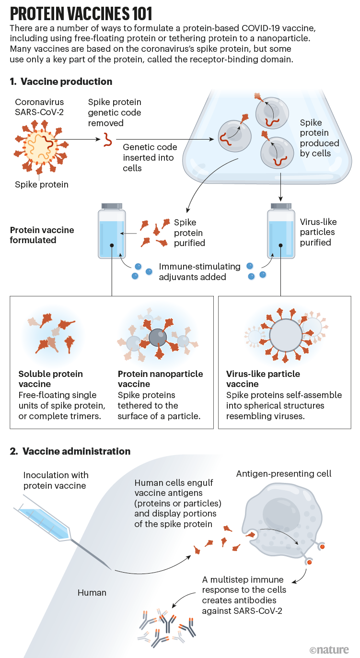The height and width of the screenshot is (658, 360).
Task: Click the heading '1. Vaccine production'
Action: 61,82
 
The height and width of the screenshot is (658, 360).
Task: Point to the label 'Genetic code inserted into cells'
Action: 150,158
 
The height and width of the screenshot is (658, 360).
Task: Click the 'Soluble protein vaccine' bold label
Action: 50,379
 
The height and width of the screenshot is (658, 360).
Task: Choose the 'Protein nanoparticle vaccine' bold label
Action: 160,379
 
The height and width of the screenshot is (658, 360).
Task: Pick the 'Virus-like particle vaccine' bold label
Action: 263,379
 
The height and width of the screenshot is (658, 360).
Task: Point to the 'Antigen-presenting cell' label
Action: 284,474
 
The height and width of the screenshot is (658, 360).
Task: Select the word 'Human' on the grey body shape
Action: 92,593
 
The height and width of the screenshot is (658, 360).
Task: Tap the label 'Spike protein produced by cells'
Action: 319,138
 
